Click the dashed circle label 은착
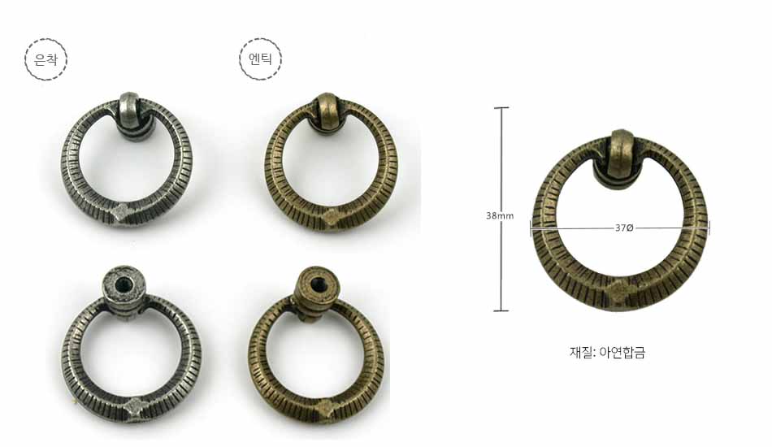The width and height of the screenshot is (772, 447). pos(46,59)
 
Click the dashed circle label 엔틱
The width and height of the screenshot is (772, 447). pos(261,59)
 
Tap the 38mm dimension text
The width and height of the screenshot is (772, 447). pos(500,215)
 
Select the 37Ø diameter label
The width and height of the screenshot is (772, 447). pos(624,228)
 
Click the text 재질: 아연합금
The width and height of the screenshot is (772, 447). pos(607,353)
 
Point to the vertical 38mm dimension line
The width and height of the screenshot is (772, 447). pos(501,209)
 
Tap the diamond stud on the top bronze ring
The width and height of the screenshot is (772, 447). pos(332,215)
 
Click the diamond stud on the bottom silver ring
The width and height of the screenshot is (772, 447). pos(133,406)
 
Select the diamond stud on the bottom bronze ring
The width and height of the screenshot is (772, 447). pos(323,408)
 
